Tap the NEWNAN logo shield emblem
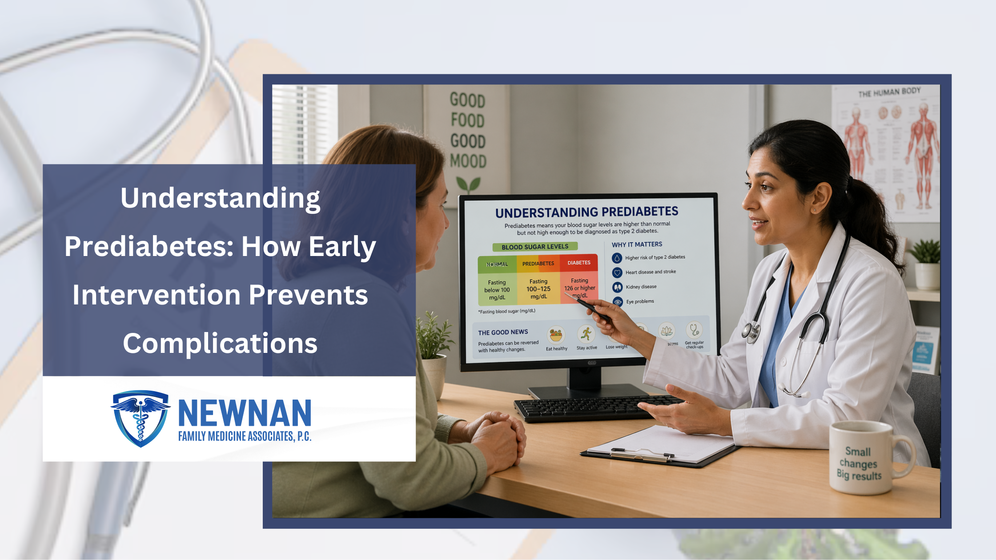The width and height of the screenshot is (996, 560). (141, 418)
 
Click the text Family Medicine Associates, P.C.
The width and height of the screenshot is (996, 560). (245, 436)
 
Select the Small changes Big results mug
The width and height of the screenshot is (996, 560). (860, 458)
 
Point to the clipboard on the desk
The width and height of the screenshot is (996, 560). (658, 447)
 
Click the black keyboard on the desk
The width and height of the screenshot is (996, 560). (587, 408)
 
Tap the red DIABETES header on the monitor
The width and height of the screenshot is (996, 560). (579, 263)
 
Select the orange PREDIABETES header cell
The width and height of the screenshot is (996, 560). (538, 264)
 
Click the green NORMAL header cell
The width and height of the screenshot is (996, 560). (497, 264)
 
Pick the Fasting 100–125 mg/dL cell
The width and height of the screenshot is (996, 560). (538, 289)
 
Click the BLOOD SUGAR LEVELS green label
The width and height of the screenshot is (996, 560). (535, 247)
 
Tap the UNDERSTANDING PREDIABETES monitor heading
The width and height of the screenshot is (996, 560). (586, 212)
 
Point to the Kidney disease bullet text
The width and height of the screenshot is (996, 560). (641, 287)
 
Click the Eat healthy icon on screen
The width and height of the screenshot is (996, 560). (556, 335)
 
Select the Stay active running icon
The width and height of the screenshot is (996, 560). (586, 334)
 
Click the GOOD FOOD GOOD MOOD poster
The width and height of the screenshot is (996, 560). (468, 131)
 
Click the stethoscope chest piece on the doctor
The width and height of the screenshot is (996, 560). (750, 331)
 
